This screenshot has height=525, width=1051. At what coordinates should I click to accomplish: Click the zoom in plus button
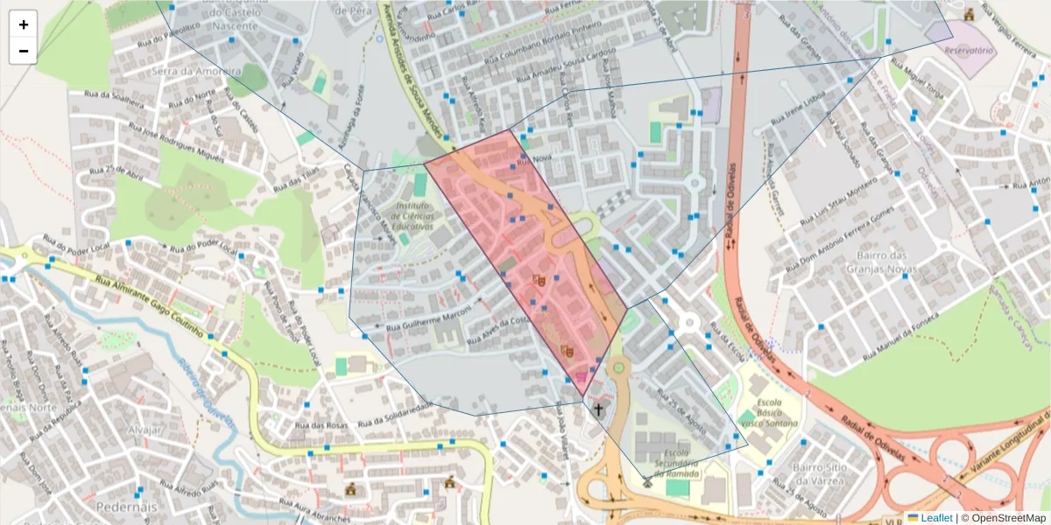click(24, 24)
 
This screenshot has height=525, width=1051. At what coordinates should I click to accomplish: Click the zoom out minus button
click(24, 51)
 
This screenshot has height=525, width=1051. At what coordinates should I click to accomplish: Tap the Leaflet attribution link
click(935, 518)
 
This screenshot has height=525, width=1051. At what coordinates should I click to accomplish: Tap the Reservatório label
click(969, 51)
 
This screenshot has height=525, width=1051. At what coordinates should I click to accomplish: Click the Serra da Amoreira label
click(184, 70)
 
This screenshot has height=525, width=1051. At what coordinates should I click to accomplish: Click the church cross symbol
click(599, 409)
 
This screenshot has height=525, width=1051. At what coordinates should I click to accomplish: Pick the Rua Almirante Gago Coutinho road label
click(149, 306)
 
